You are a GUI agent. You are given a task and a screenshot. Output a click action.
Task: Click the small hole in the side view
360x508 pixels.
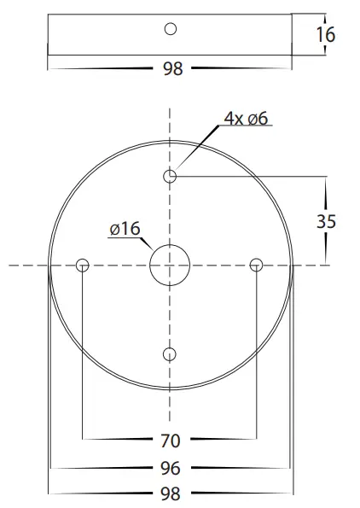[171, 29]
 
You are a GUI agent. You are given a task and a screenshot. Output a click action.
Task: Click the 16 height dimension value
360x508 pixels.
[325, 34]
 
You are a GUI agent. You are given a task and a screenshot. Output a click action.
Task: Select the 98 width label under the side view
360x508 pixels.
[172, 70]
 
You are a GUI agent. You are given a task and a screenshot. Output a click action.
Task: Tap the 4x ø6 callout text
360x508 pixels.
[247, 119]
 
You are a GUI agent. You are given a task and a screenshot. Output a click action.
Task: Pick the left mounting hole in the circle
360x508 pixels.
[83, 266]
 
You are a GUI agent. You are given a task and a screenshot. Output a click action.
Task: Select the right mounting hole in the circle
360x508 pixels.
[255, 266]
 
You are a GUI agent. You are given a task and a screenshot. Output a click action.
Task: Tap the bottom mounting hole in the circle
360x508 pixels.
[171, 353]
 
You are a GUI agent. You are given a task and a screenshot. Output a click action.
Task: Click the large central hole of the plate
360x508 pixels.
[170, 266]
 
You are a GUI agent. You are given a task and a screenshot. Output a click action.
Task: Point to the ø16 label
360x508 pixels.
[125, 229]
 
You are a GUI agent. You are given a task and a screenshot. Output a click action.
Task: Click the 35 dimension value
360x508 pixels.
[326, 221]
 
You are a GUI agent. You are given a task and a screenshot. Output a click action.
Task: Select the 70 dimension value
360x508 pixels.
[171, 441]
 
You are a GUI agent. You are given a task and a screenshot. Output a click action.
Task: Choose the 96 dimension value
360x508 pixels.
[171, 468]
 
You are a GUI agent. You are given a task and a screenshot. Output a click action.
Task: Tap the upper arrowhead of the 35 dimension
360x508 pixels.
[326, 179]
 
